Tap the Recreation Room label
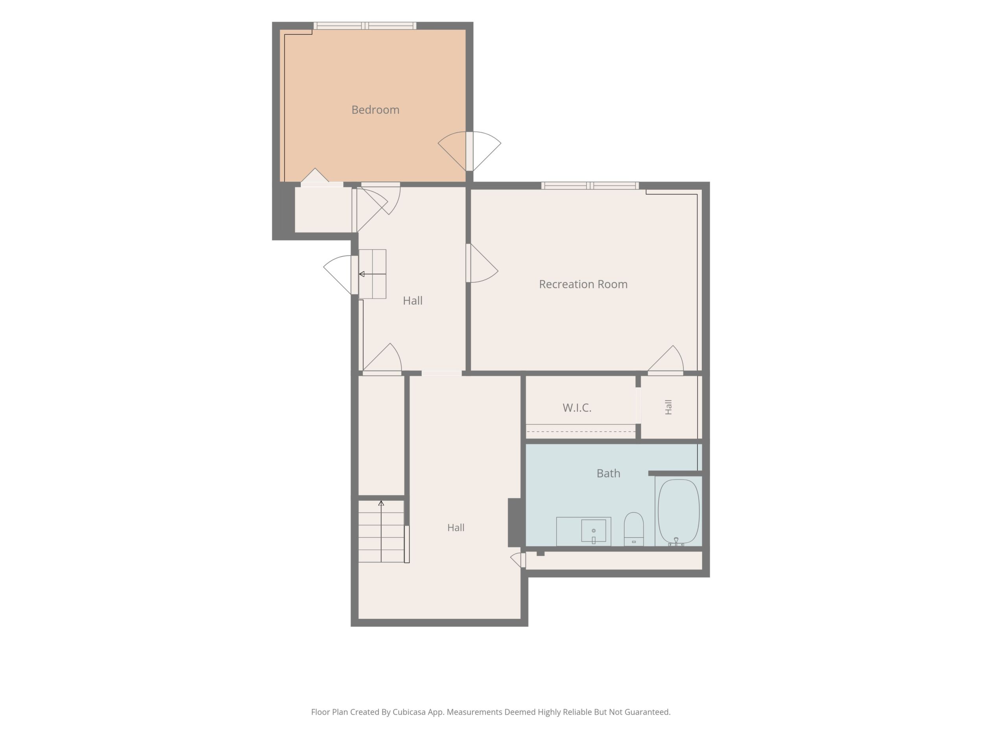[x=583, y=284]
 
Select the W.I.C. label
[x=577, y=408]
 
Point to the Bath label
[x=608, y=473]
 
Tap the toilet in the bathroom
[x=633, y=529]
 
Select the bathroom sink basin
[x=594, y=530]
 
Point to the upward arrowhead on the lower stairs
[x=381, y=503]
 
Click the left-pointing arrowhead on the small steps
[x=362, y=274]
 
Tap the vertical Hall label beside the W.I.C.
[x=668, y=407]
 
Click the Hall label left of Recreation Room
[x=412, y=301]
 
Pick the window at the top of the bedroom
[x=365, y=26]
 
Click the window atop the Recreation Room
[x=590, y=186]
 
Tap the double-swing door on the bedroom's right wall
[x=469, y=152]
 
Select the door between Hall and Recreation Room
[x=482, y=263]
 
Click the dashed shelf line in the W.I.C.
[x=581, y=431]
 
